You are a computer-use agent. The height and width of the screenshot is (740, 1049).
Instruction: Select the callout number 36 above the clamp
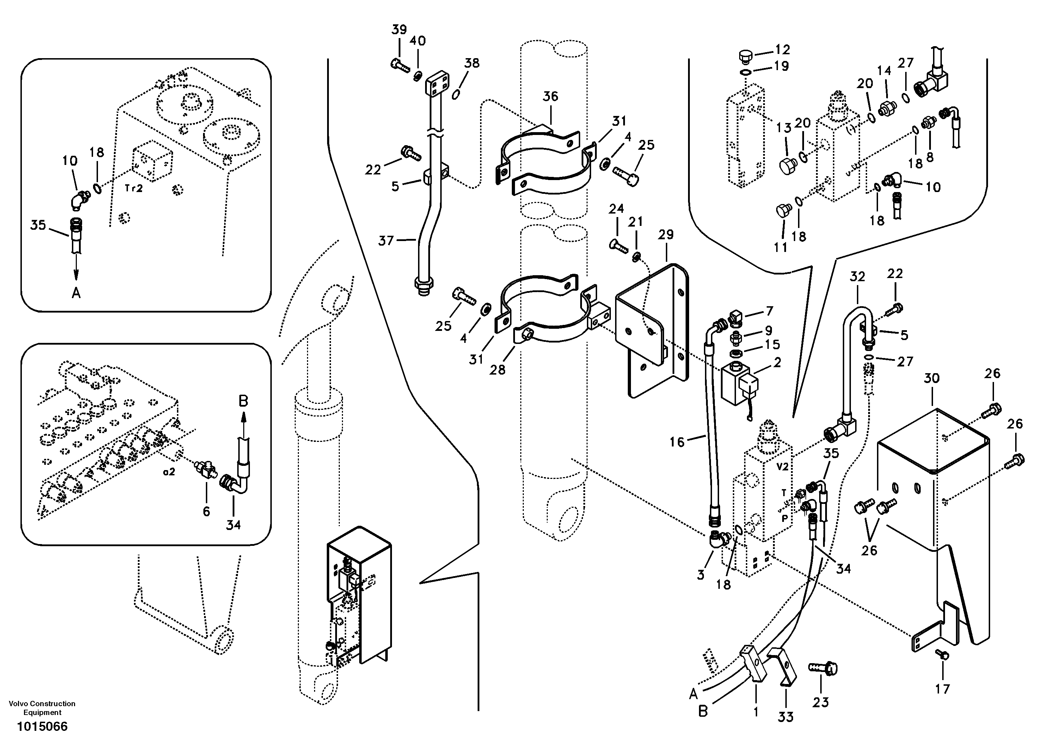550,97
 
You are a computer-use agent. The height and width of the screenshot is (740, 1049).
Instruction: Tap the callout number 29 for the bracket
666,235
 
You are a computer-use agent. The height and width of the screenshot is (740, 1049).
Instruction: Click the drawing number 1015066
42,726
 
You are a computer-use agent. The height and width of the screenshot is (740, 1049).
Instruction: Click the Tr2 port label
134,188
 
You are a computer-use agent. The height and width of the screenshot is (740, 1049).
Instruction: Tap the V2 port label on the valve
782,467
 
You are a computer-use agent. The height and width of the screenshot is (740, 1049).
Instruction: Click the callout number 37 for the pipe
386,240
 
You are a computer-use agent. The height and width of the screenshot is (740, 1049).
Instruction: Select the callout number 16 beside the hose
677,442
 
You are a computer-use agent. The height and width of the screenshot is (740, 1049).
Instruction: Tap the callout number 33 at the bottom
785,717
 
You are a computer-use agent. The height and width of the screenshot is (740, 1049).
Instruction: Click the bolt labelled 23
823,670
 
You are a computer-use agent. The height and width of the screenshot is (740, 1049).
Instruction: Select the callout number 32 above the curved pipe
858,277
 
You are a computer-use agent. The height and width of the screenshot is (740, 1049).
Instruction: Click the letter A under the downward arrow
76,293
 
